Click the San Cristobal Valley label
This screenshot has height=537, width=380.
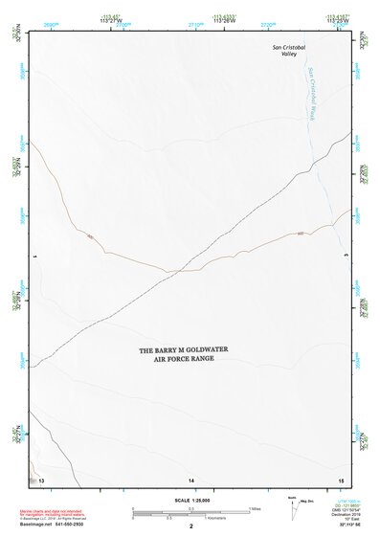[289, 50]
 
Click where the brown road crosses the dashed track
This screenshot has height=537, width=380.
[173, 272]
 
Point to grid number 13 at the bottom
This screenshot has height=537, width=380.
[41, 479]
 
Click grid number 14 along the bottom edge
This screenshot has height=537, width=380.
[191, 479]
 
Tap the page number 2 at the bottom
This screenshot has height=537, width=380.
[191, 526]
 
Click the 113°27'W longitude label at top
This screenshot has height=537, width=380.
[113, 20]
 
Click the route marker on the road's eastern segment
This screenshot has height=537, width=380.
[300, 233]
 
